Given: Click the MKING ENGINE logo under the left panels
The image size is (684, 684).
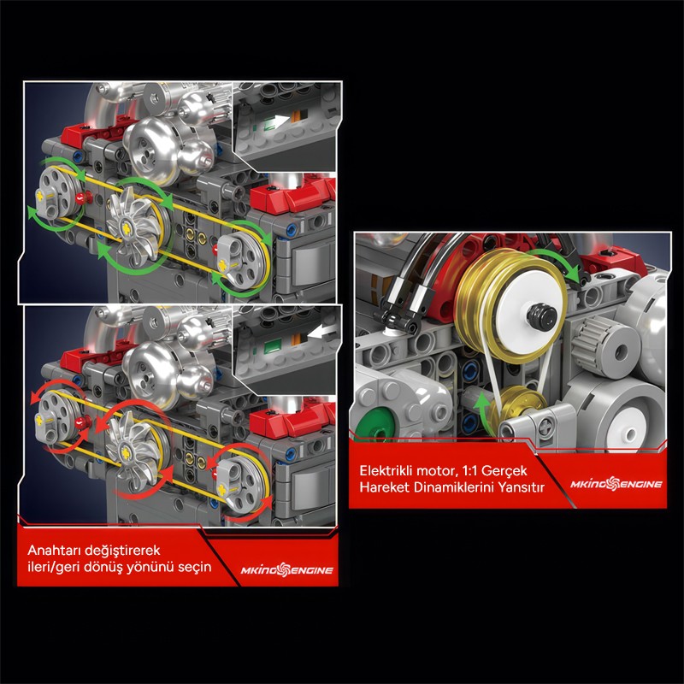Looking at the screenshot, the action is (287, 569).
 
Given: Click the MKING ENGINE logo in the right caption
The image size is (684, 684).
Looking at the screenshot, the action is (616, 483).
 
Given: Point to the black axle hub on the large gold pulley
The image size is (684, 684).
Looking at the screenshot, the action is (542, 313).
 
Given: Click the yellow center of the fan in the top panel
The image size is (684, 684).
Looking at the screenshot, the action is (127, 227).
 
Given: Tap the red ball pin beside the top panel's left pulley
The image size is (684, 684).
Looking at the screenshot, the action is (81, 198).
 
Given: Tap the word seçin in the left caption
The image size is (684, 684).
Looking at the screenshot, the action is (195, 567).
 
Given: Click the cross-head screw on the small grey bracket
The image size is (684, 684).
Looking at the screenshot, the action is (545, 423).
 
